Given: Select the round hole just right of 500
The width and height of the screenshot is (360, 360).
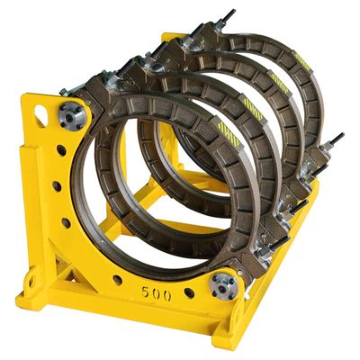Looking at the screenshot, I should click(x=189, y=294).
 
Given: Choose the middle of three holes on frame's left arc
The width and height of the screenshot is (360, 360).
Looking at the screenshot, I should click(x=57, y=186).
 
